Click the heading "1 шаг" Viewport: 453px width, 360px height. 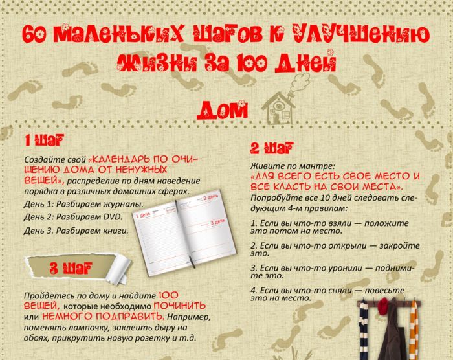[44, 141]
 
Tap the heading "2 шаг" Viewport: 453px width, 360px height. [272, 148]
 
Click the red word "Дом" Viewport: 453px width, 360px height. [223, 110]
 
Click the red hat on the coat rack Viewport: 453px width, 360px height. [384, 306]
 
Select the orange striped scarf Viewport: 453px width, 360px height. [414, 330]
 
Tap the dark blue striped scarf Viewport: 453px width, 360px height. [364, 330]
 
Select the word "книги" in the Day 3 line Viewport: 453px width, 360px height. [116, 231]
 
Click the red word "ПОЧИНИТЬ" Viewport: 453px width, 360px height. [179, 306]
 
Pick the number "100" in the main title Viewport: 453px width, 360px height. [252, 63]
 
